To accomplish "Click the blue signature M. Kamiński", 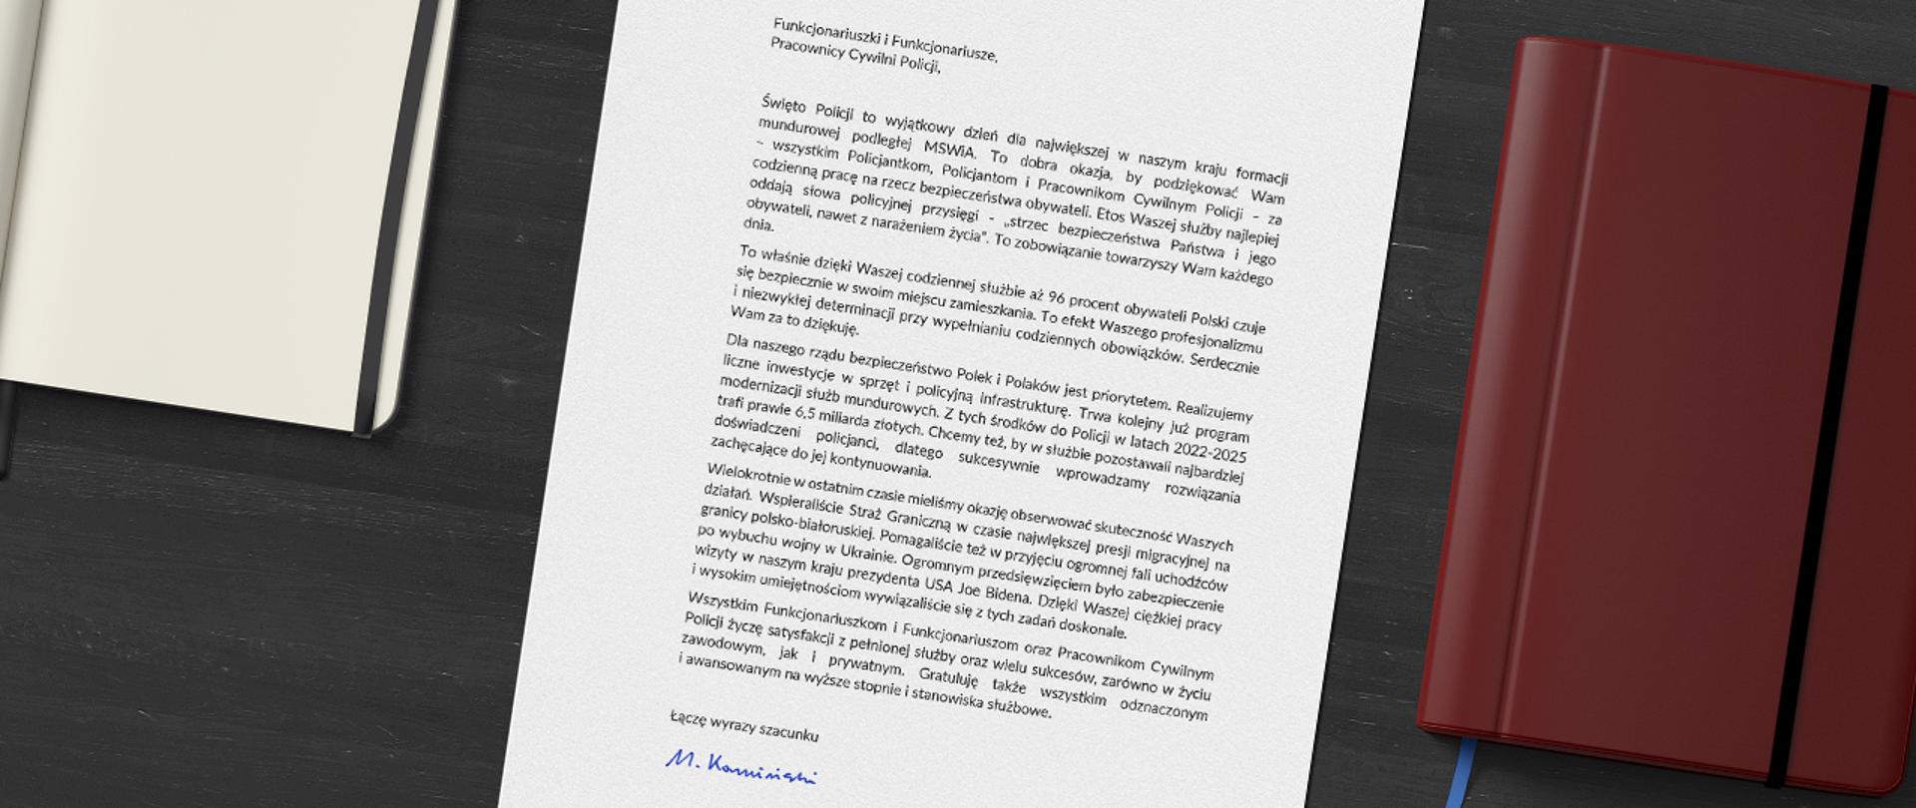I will point(740,767).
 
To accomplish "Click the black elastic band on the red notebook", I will point(1827,429).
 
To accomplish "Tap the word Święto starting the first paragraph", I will point(781,103).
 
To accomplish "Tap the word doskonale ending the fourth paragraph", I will point(1089,629).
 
